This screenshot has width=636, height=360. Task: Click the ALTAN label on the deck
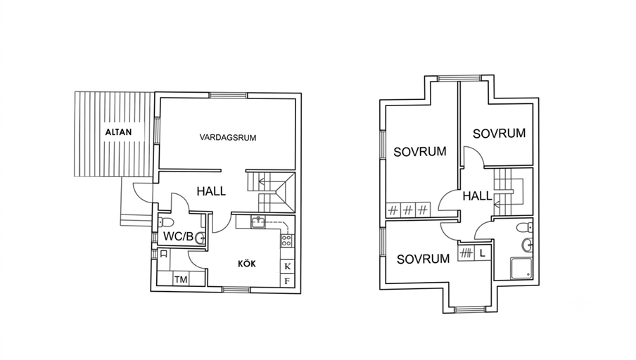(118, 132)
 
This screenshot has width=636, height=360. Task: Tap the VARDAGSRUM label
(228, 137)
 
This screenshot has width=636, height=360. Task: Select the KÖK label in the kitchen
(247, 264)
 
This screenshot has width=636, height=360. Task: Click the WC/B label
(178, 236)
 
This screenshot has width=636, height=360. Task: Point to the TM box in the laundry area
(181, 279)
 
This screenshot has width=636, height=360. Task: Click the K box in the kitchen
(288, 266)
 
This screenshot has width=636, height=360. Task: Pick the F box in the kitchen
(288, 281)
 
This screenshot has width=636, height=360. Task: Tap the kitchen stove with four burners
(286, 240)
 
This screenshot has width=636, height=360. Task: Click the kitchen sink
(258, 223)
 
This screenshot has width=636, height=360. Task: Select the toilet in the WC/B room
(166, 222)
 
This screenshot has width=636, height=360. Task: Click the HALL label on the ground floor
(211, 191)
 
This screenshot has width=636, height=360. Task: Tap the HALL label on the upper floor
(478, 196)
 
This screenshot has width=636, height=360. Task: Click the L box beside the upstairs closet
(482, 253)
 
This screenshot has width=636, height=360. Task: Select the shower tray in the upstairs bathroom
(521, 268)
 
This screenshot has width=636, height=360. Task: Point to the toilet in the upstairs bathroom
(525, 227)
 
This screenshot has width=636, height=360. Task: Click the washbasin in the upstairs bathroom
(527, 245)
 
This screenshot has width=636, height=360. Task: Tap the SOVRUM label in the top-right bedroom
(499, 134)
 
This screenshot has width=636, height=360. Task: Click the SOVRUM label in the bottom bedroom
(423, 259)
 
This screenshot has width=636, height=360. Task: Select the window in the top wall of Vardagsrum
(229, 96)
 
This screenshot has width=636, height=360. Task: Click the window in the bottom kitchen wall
(236, 290)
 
